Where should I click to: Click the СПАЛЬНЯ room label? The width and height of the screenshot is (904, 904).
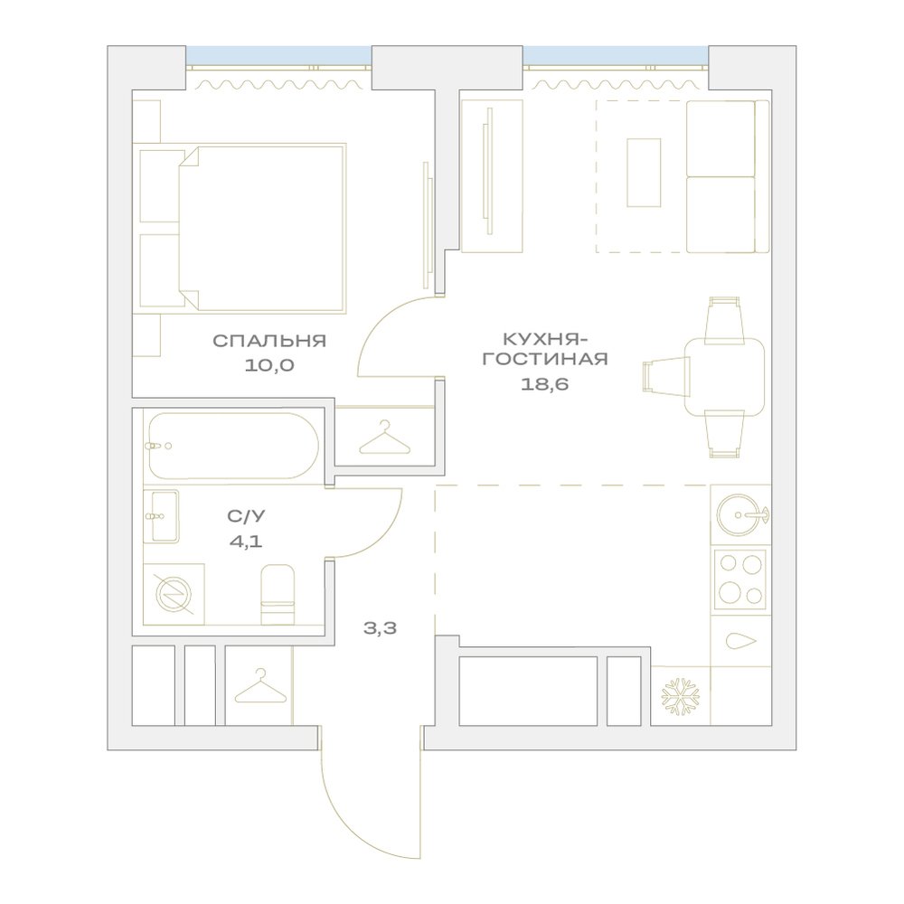click(x=269, y=341)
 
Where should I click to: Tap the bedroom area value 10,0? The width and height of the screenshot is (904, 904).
click(x=269, y=365)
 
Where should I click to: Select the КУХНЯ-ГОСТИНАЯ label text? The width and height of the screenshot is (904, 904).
click(x=545, y=349)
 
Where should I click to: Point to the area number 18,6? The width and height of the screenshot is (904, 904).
click(x=545, y=384)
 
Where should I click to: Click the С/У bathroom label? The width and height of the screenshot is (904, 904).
click(x=246, y=516)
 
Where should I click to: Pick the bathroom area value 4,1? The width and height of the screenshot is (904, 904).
click(x=246, y=541)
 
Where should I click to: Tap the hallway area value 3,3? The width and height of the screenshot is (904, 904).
click(x=380, y=628)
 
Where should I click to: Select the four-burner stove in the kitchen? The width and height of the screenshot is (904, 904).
click(x=740, y=579)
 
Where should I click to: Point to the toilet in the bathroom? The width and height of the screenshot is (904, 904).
click(x=278, y=594)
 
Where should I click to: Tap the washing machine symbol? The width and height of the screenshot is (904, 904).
click(x=174, y=594)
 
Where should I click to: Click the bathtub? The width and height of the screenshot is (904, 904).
click(x=233, y=446)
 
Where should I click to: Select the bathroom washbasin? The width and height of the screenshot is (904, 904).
click(x=161, y=516)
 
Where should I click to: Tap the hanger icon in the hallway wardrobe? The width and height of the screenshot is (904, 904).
click(x=261, y=686)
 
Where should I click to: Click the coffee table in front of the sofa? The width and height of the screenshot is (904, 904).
click(x=644, y=173)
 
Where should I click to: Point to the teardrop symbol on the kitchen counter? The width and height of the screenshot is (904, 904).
click(x=741, y=641)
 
